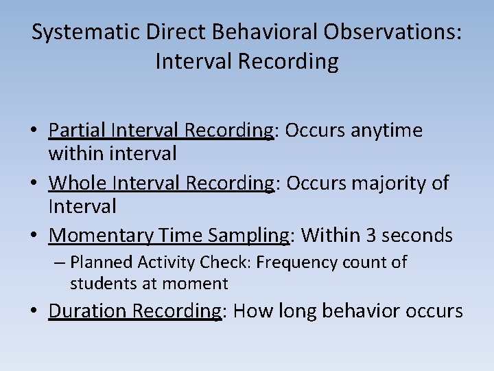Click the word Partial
click(77, 131)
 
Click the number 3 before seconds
click(370, 236)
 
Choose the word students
click(100, 283)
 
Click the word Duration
click(88, 311)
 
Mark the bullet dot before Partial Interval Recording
click(35, 131)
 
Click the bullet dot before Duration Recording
click(35, 312)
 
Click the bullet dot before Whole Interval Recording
click(35, 183)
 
